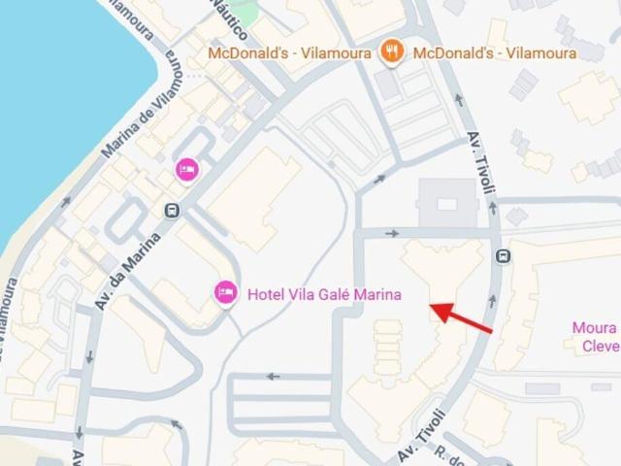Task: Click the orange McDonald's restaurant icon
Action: [x=391, y=51]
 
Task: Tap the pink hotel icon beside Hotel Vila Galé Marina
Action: [x=226, y=291]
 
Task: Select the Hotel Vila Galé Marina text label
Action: [x=324, y=294]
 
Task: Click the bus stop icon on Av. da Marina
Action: [x=173, y=211]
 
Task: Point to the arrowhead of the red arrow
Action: [x=432, y=310]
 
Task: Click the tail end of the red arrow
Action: [x=491, y=332]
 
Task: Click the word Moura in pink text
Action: [x=594, y=327]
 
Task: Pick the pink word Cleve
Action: [x=601, y=347]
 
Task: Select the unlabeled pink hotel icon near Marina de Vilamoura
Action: [x=186, y=170]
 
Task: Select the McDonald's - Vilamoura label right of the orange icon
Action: [x=494, y=52]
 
